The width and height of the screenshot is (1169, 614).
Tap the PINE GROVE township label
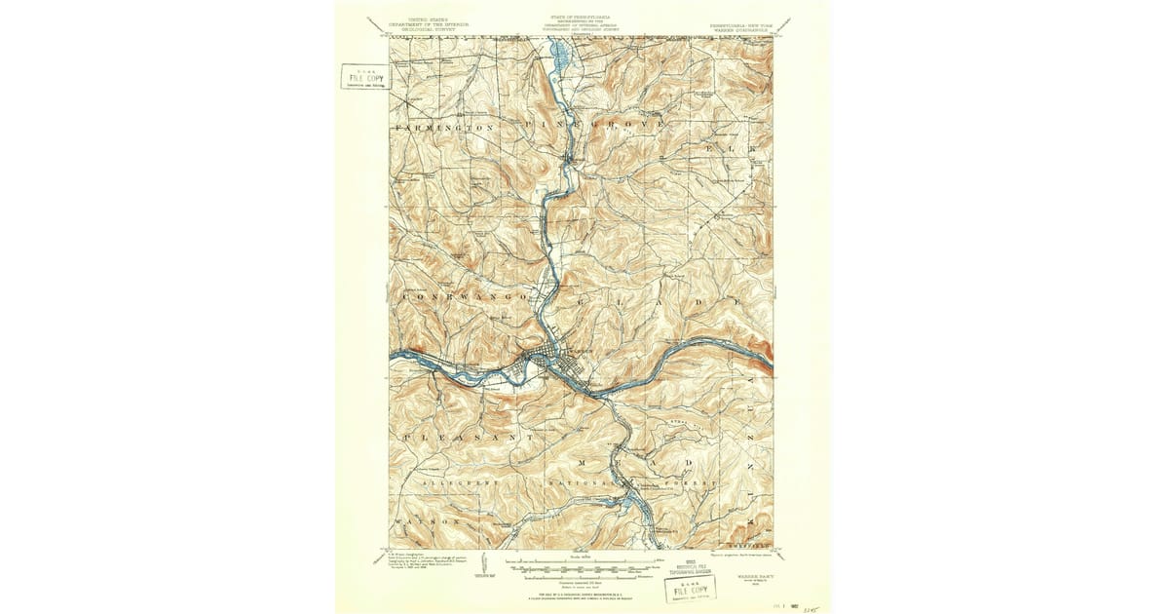[x=596, y=126]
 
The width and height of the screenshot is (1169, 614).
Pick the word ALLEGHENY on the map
[x=460, y=482]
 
